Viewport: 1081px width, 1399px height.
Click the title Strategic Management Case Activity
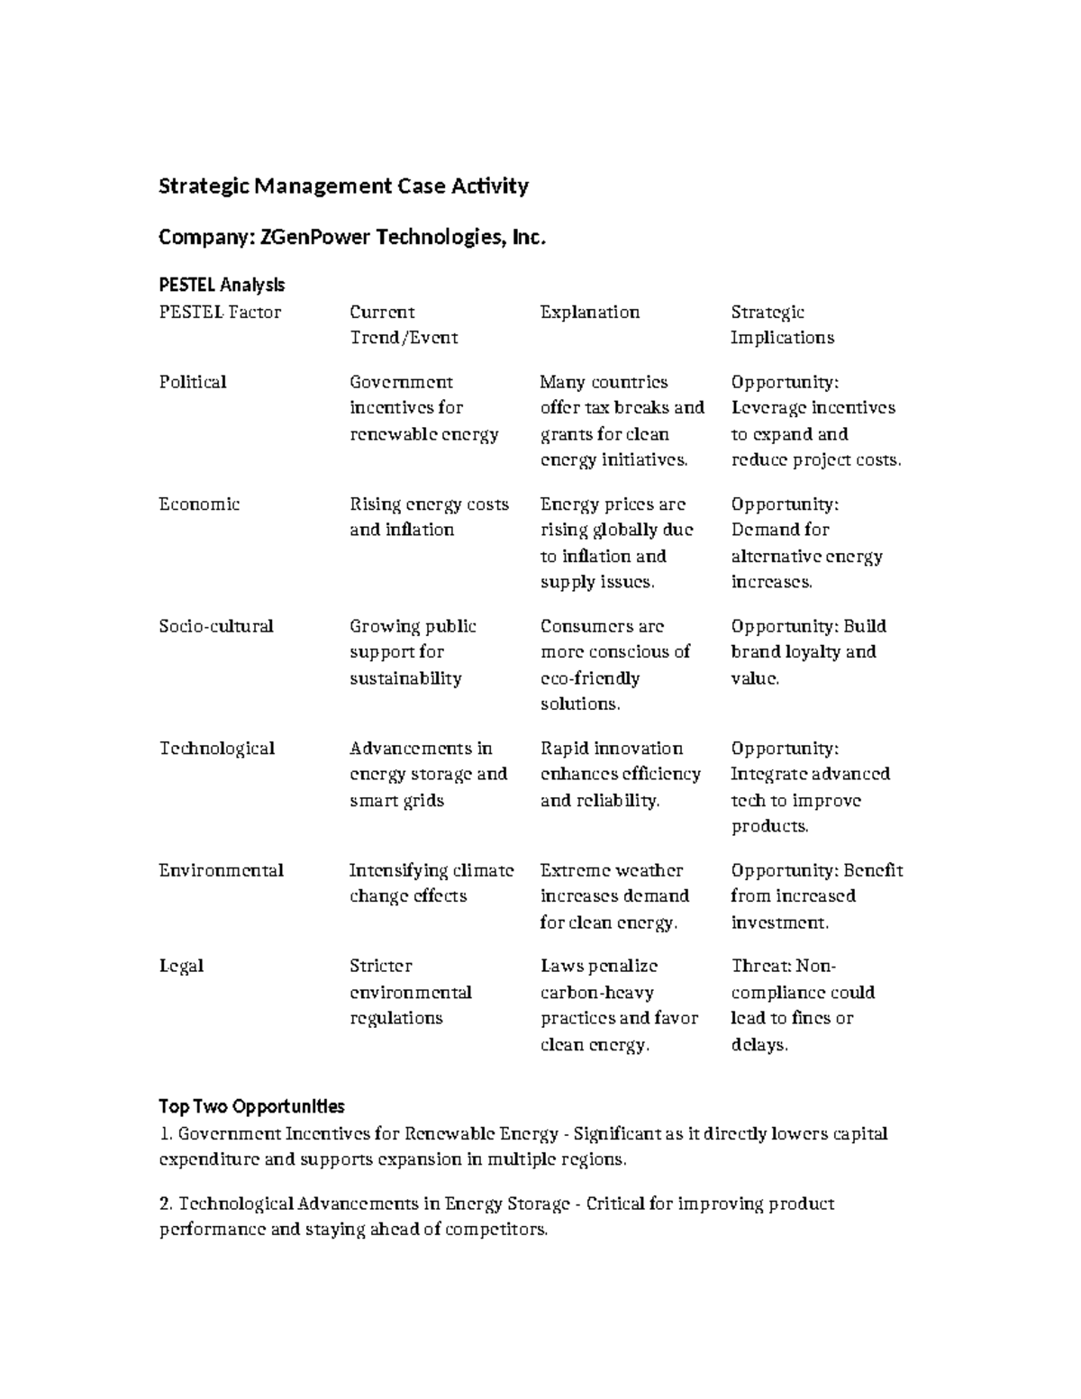click(343, 186)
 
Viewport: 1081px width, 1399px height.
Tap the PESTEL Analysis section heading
click(222, 285)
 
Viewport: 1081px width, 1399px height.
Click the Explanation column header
click(589, 313)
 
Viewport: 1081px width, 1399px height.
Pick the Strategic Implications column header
click(782, 325)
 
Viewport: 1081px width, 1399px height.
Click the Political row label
click(193, 382)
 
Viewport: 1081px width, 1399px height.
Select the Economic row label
click(199, 504)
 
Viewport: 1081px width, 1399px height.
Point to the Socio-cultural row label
click(216, 626)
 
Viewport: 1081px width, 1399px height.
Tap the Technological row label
click(217, 749)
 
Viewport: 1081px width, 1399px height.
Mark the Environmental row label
click(221, 870)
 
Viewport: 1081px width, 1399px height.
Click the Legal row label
click(181, 966)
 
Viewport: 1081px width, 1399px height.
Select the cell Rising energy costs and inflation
click(429, 517)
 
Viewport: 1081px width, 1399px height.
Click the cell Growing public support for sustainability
click(413, 652)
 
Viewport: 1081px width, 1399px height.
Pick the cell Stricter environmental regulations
click(410, 992)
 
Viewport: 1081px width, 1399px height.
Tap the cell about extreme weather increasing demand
click(614, 896)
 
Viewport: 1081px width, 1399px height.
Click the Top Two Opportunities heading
click(251, 1105)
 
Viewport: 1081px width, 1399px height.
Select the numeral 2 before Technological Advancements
click(165, 1204)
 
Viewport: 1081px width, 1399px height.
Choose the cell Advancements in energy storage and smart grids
click(428, 774)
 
